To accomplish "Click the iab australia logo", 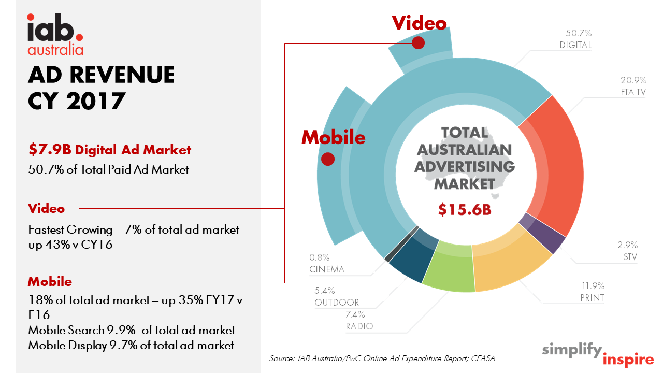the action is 55,34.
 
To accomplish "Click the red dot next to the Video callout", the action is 418,42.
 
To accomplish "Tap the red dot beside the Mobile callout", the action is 328,159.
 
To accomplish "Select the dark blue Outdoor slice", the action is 413,254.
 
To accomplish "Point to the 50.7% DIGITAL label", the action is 575,39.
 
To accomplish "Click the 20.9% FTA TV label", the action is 633,86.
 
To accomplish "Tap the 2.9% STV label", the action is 627,251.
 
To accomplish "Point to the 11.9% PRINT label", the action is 593,292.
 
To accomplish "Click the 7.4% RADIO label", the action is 359,320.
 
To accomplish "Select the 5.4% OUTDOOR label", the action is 337,296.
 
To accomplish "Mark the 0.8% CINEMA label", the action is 327,263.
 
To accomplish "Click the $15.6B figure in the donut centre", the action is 465,210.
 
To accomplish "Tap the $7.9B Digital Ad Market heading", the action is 110,150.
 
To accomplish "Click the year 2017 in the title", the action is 96,101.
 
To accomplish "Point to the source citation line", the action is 382,358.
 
